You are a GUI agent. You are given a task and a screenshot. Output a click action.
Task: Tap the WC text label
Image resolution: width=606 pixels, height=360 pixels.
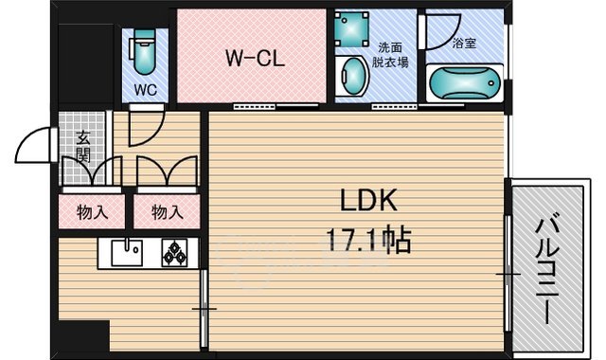(x=145, y=91)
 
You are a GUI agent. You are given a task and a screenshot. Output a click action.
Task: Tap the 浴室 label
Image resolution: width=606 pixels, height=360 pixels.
(x=464, y=43)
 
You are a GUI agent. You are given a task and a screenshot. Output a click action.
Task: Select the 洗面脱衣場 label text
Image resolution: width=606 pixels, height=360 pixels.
(x=391, y=55)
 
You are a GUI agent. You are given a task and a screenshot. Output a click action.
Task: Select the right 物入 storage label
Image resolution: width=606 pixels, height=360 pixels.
(x=166, y=212)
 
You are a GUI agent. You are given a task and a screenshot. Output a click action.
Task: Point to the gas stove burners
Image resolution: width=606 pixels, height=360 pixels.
(x=175, y=254)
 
